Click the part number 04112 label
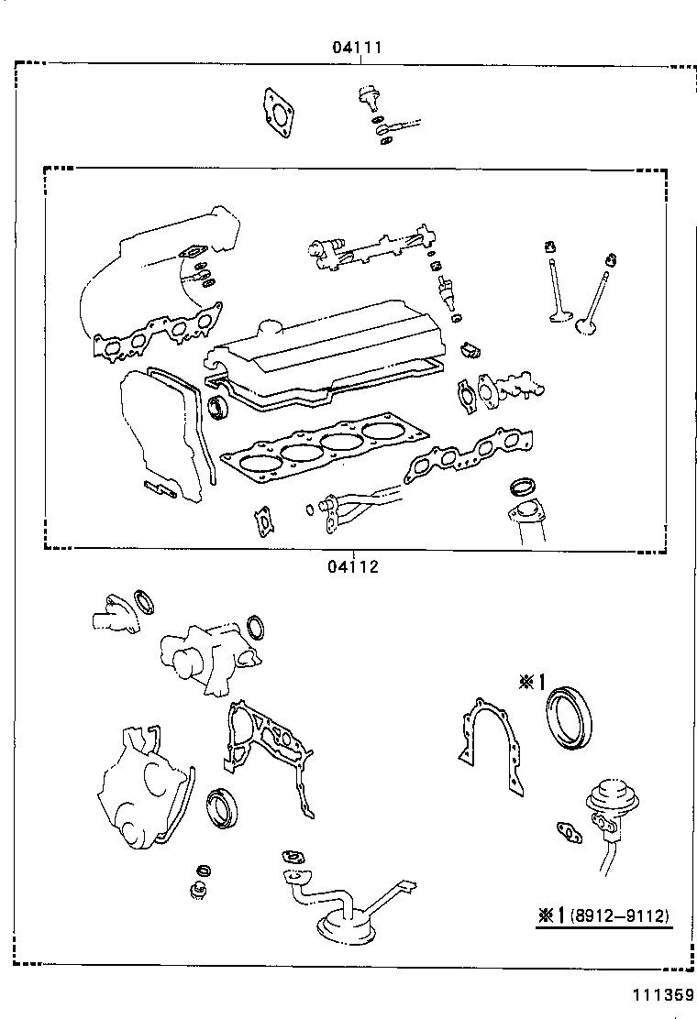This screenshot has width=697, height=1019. click(x=352, y=566)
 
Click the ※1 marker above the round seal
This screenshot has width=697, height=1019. click(x=531, y=682)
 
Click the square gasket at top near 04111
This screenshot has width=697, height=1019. click(x=277, y=112)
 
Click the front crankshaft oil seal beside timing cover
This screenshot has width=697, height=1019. click(x=222, y=807)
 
